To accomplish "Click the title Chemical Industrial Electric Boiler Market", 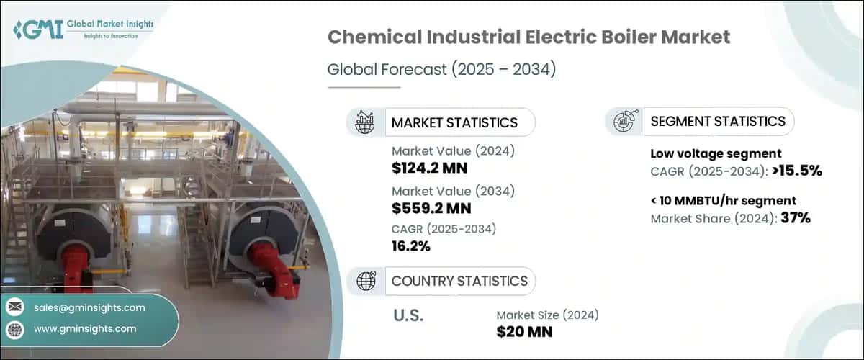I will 528,38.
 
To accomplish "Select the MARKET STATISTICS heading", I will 454,122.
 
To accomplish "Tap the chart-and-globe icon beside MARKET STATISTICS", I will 365,122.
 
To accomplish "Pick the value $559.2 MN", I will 431,209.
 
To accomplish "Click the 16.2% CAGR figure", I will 411,247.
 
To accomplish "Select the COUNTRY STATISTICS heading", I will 459,281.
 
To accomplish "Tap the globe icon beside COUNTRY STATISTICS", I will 365,281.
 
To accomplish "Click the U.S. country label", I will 408,315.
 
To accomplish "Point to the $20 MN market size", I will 522,332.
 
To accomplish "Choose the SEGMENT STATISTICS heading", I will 717,121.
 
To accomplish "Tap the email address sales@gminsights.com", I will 89,307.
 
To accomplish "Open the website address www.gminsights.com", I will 85,329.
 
